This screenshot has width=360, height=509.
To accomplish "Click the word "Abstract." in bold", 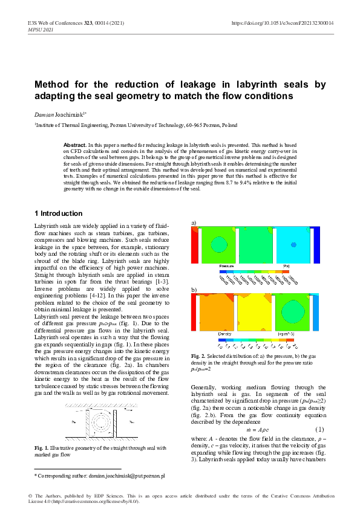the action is coord(75,146).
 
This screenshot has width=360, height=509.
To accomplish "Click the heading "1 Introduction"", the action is coord(59,213).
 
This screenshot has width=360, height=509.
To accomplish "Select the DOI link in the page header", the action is coord(283,23).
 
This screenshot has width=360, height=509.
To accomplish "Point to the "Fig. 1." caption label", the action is coord(43,447).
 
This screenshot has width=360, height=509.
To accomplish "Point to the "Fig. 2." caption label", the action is coord(199,355).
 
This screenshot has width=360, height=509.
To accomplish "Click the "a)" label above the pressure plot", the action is coord(194,223).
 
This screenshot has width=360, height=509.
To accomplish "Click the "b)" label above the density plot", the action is coord(194,290).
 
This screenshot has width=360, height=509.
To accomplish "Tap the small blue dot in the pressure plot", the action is coord(293,245).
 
